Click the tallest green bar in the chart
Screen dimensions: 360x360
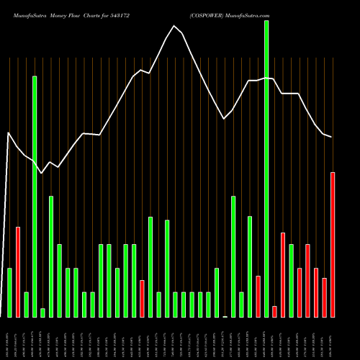click(266, 169)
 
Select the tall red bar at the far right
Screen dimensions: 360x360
click(333, 245)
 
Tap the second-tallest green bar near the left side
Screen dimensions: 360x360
click(35, 196)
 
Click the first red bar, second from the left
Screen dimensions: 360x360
click(18, 272)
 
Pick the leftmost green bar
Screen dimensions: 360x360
click(9, 292)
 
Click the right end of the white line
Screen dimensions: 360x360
click(331, 137)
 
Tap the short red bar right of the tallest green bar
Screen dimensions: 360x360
click(274, 311)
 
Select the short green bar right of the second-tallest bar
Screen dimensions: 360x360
click(42, 312)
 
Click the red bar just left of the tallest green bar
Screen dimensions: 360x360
click(258, 297)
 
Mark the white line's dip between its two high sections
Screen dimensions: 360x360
click(225, 118)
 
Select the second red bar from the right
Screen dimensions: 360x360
click(324, 297)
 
